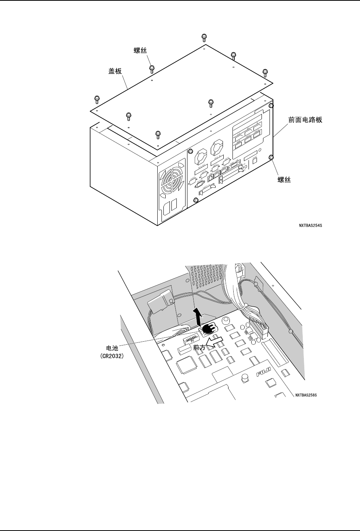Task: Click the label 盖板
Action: pos(115,71)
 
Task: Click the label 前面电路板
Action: pos(305,119)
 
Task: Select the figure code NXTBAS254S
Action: pos(311,226)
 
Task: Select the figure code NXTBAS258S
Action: pos(305,395)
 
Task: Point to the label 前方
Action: pos(199,348)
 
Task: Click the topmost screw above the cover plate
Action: pos(204,37)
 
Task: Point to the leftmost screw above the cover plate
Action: pos(96,99)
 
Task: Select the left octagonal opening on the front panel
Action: pos(200,157)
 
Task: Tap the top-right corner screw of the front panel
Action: pos(271,105)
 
